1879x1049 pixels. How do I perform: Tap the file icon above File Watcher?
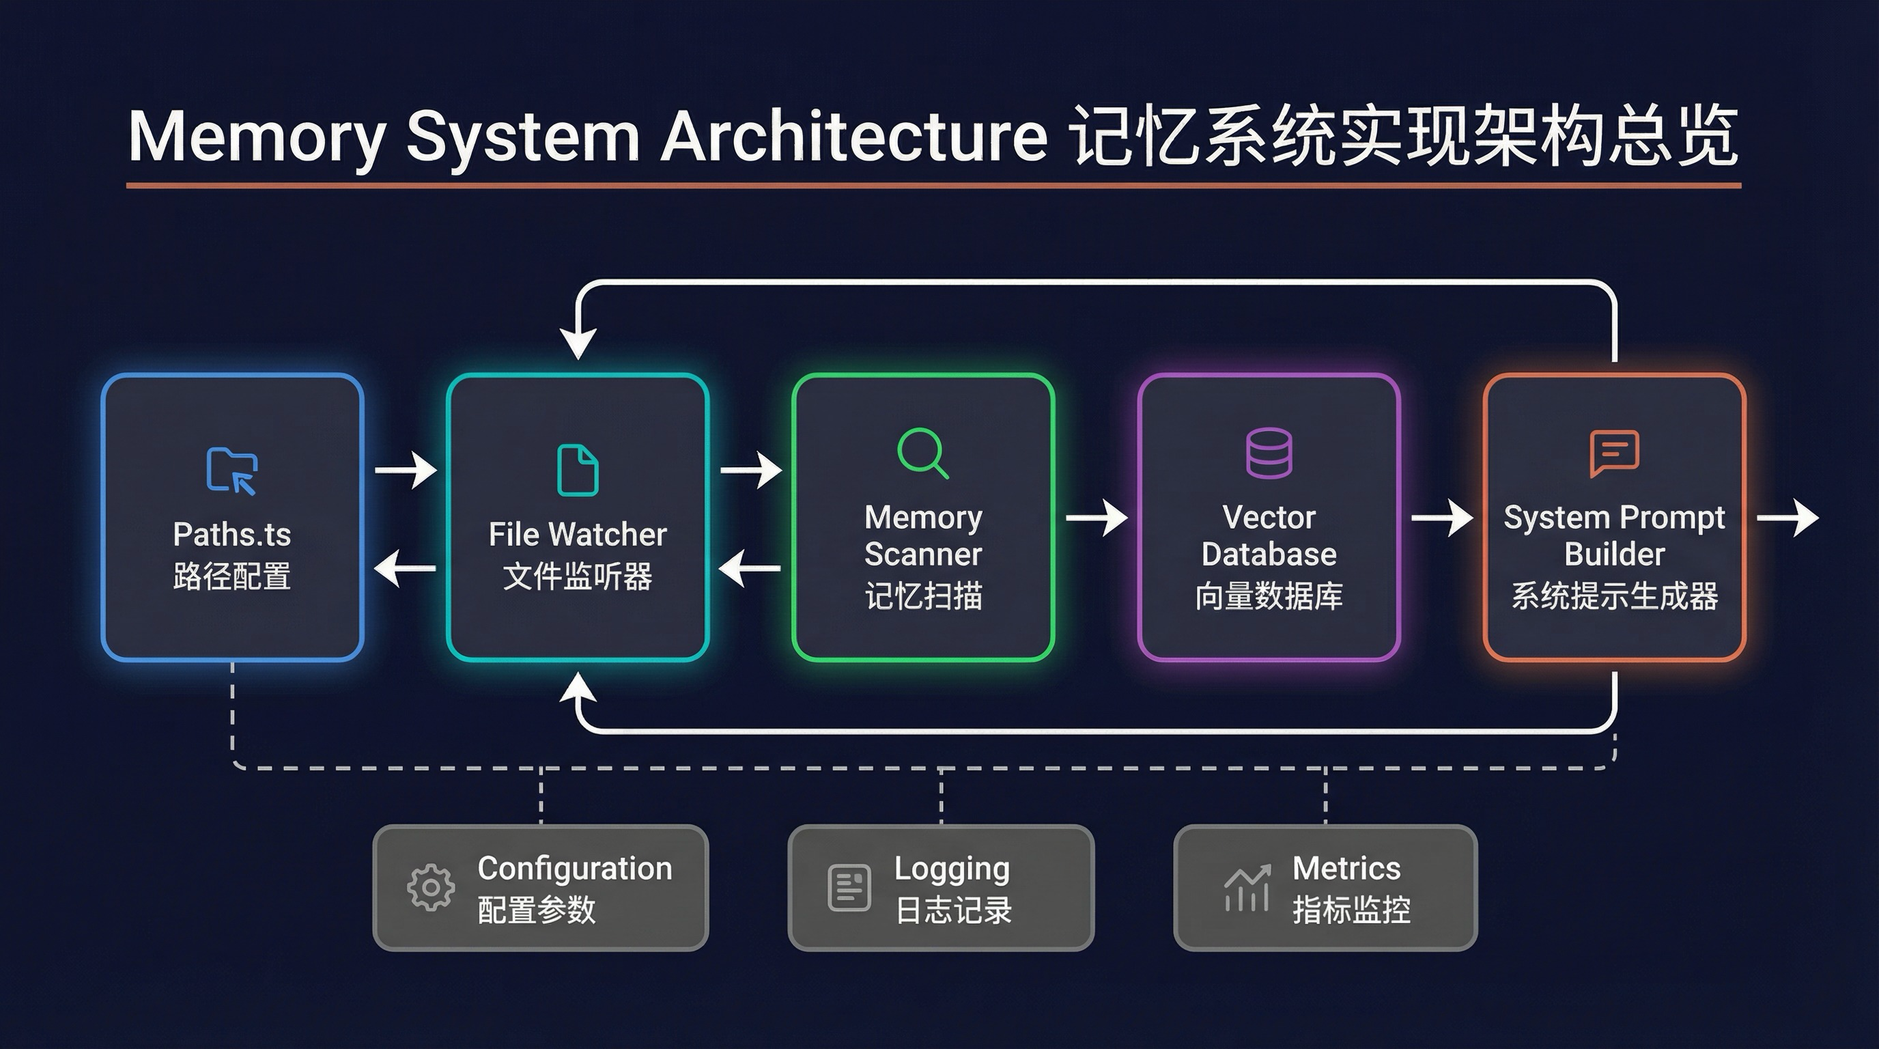pos(578,471)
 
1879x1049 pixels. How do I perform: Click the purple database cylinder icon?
pos(1269,453)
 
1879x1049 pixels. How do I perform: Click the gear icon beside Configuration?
pos(430,887)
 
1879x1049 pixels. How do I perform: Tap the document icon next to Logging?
pos(849,887)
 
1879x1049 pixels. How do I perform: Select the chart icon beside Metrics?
pos(1247,887)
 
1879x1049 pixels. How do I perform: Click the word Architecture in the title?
pos(853,137)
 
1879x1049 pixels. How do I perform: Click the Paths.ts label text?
pos(232,535)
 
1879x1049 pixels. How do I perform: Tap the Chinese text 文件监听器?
pos(578,576)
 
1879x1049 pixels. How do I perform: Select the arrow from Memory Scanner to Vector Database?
pos(1097,518)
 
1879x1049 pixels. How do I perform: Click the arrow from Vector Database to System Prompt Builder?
pos(1441,518)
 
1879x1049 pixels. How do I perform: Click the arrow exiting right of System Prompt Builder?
pos(1787,518)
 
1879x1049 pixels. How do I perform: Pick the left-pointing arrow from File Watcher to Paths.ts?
pos(406,568)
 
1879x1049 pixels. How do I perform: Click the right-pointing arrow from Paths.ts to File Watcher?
pos(406,470)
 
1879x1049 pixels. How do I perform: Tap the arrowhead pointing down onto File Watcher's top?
pos(578,343)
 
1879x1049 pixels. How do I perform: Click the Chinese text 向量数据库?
pos(1269,596)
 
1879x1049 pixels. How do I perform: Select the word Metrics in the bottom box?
pos(1346,868)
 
